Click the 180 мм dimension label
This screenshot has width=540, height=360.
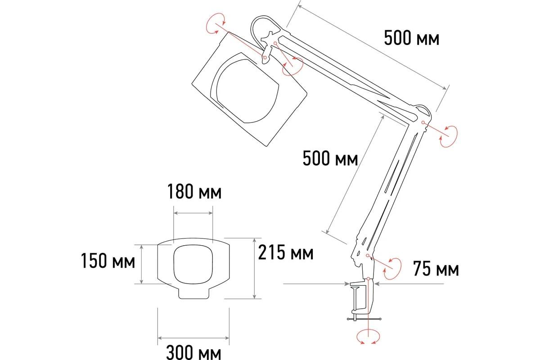pyautogui.click(x=194, y=192)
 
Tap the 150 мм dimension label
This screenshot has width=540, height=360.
pyautogui.click(x=108, y=261)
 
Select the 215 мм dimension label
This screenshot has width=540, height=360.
pyautogui.click(x=286, y=252)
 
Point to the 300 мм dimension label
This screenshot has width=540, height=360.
pyautogui.click(x=193, y=352)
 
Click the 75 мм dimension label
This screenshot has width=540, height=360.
pyautogui.click(x=436, y=269)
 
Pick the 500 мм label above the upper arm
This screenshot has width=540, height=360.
pyautogui.click(x=411, y=38)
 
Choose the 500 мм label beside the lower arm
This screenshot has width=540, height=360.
pyautogui.click(x=330, y=158)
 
